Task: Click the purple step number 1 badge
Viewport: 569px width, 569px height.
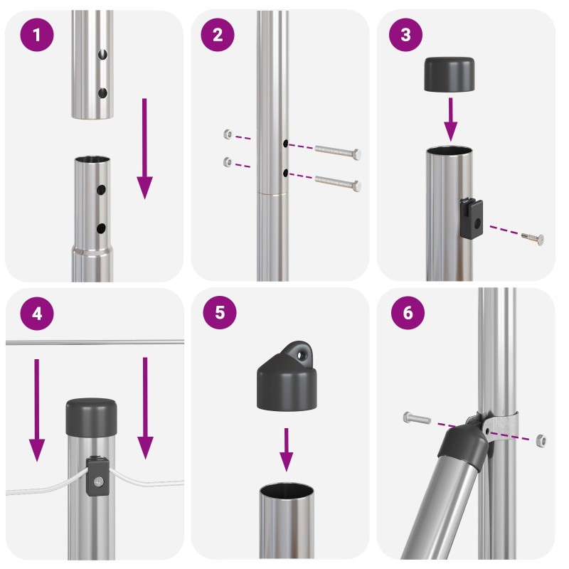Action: click(37, 35)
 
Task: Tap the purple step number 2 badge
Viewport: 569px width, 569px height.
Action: click(218, 35)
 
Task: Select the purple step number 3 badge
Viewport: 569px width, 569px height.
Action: click(405, 34)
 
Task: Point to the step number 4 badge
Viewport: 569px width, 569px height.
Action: click(37, 313)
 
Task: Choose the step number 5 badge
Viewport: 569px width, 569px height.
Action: click(220, 312)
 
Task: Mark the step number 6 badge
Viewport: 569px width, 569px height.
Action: click(408, 312)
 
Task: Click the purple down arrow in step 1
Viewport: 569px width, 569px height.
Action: click(144, 149)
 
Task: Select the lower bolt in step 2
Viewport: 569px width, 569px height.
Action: click(338, 184)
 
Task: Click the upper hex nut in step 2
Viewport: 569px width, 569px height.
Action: click(228, 134)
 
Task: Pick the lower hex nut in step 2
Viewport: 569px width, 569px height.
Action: click(228, 162)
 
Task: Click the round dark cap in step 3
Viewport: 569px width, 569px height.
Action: click(450, 74)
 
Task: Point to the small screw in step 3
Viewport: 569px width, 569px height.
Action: click(533, 239)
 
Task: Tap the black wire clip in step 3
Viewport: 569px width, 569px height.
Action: click(472, 218)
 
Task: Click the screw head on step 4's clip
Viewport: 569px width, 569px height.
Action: click(98, 482)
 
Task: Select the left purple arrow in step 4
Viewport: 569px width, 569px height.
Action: click(37, 410)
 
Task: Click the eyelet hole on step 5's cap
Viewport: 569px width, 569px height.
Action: click(301, 355)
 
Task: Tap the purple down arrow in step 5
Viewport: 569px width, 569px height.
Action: click(287, 450)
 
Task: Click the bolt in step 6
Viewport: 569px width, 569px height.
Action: click(417, 418)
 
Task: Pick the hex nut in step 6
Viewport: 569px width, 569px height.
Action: click(541, 440)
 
